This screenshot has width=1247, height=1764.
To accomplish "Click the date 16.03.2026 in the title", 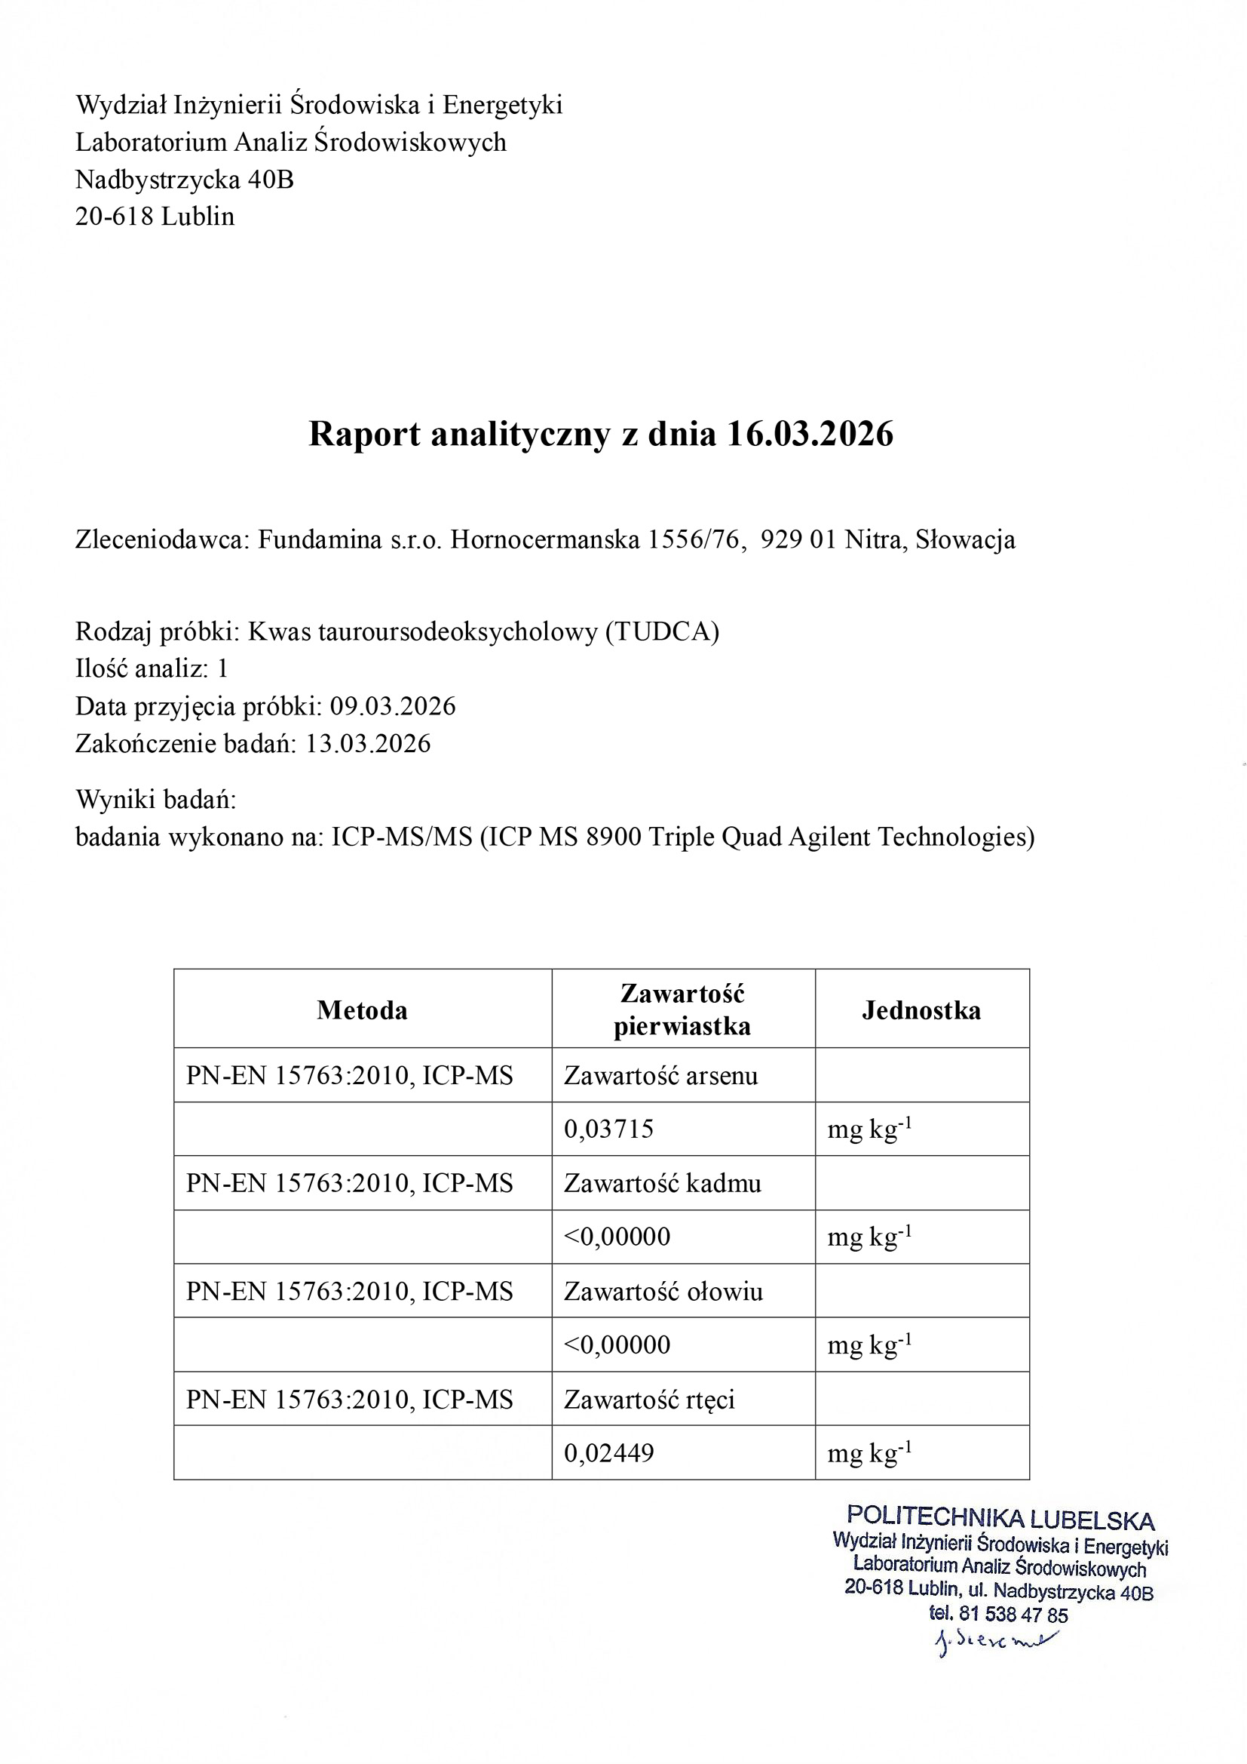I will (x=809, y=434).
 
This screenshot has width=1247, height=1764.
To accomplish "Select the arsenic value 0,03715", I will (x=608, y=1129).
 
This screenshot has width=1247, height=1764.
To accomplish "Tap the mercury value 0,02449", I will (x=608, y=1453).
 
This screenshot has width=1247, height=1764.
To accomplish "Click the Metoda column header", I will (x=362, y=1010).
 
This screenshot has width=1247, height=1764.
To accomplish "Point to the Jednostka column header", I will (x=921, y=1010).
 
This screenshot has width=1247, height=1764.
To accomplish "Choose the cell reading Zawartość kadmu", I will (x=662, y=1182).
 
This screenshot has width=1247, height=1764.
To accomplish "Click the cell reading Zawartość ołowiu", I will (x=663, y=1291).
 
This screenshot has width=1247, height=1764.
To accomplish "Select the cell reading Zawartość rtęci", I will (x=649, y=1399).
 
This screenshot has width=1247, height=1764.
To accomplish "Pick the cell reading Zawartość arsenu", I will (x=660, y=1075).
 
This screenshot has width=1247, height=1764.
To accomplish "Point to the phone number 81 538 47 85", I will (x=1013, y=1614).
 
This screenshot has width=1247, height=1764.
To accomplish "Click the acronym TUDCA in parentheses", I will (x=661, y=632).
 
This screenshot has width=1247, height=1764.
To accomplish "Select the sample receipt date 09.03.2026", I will (x=392, y=706).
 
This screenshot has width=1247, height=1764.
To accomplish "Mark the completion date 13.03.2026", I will (x=368, y=743).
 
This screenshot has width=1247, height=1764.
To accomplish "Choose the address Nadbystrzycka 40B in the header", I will (x=184, y=179).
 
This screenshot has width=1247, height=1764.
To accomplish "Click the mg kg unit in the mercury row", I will (x=869, y=1452).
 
